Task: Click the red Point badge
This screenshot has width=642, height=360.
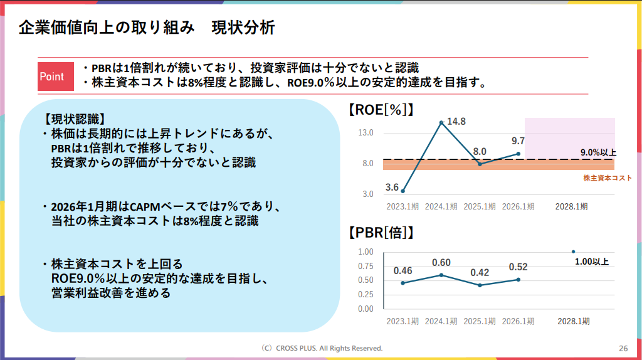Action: pyautogui.click(x=52, y=77)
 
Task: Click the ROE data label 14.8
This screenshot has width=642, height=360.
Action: pyautogui.click(x=456, y=121)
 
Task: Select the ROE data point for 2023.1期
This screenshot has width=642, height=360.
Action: pyautogui.click(x=403, y=191)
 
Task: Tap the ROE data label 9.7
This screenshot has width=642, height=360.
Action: pyautogui.click(x=518, y=141)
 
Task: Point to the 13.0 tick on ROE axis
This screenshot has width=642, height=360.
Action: pyautogui.click(x=366, y=133)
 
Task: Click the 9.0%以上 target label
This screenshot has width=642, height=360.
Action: pyautogui.click(x=598, y=152)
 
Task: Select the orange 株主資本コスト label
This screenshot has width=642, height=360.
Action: pyautogui.click(x=608, y=178)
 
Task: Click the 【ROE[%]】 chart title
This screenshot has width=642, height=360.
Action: pyautogui.click(x=381, y=110)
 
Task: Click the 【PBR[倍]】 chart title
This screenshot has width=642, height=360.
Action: pyautogui.click(x=381, y=233)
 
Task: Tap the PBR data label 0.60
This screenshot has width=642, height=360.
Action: pyautogui.click(x=441, y=263)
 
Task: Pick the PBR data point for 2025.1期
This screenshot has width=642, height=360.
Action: pyautogui.click(x=480, y=285)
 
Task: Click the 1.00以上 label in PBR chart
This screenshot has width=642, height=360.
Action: pyautogui.click(x=592, y=262)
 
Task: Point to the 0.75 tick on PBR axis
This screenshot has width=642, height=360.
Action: pyautogui.click(x=366, y=266)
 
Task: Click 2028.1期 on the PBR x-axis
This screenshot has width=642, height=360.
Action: pyautogui.click(x=573, y=321)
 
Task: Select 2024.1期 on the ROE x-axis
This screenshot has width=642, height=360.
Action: pyautogui.click(x=441, y=206)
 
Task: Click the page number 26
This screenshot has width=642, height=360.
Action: pyautogui.click(x=623, y=348)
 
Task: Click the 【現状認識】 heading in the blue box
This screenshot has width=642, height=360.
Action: pyautogui.click(x=73, y=119)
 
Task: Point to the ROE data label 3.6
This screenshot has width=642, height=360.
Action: pyautogui.click(x=392, y=187)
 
